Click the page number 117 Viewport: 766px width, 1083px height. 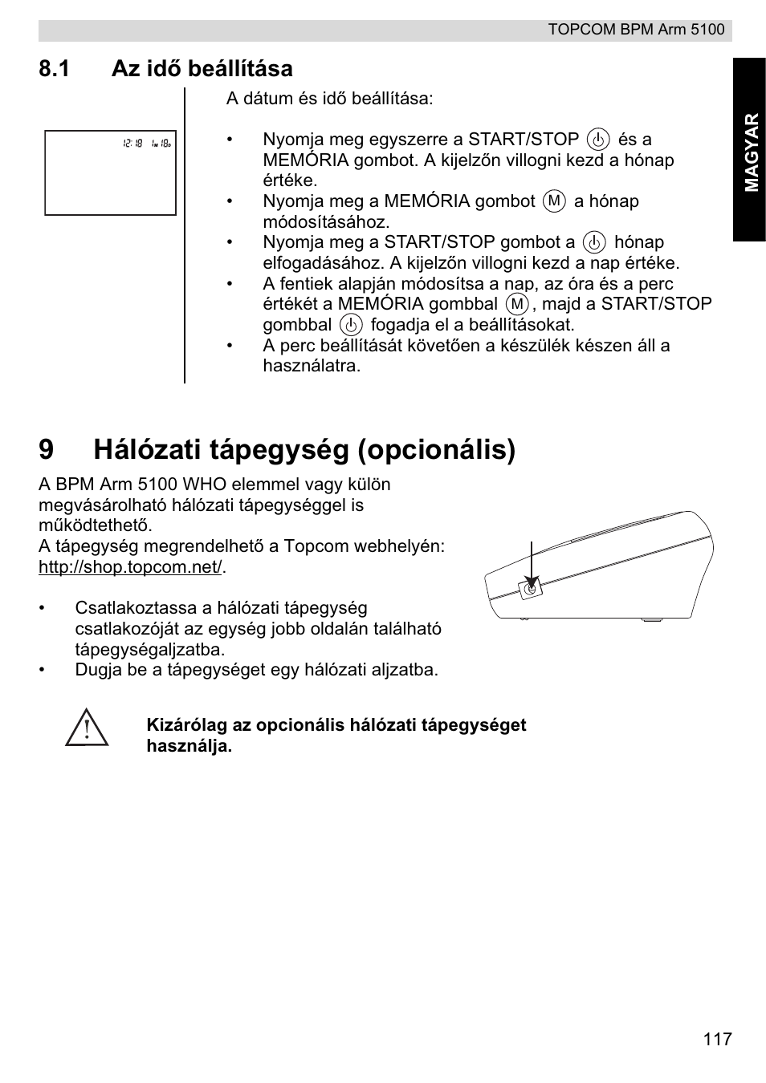(717, 1039)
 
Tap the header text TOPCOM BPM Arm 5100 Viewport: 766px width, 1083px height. (636, 30)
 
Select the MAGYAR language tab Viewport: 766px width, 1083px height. (750, 152)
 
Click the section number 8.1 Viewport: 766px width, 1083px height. (54, 69)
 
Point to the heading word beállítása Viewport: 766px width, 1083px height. (240, 69)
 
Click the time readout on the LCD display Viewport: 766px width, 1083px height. (133, 143)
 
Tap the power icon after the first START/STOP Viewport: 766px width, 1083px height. (598, 140)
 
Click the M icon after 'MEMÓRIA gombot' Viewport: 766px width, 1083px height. (554, 201)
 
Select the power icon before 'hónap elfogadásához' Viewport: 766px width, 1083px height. (594, 242)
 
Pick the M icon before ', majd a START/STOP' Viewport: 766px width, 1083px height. (518, 304)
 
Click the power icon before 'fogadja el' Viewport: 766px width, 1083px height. (351, 325)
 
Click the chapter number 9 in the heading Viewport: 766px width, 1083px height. (47, 450)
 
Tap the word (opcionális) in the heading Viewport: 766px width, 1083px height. (436, 450)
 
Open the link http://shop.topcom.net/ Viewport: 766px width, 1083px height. (130, 567)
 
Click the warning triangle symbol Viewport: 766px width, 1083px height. (87, 729)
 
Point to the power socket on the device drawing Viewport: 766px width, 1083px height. (530, 589)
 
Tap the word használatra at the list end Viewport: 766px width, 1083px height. (312, 366)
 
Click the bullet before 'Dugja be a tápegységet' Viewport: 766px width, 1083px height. (44, 670)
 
